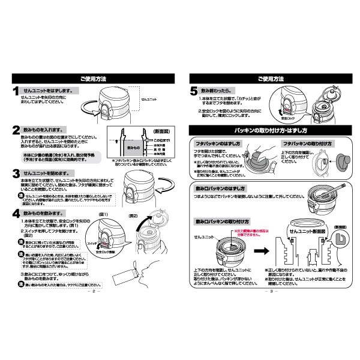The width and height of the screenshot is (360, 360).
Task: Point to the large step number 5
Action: coord(194,92)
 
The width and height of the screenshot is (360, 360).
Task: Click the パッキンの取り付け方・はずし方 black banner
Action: coord(270,130)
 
